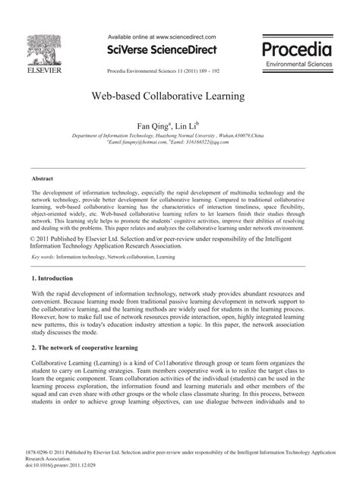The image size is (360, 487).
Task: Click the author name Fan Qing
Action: pyautogui.click(x=150, y=124)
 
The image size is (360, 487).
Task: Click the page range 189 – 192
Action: pyautogui.click(x=204, y=68)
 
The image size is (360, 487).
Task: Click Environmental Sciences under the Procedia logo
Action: pyautogui.click(x=298, y=64)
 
